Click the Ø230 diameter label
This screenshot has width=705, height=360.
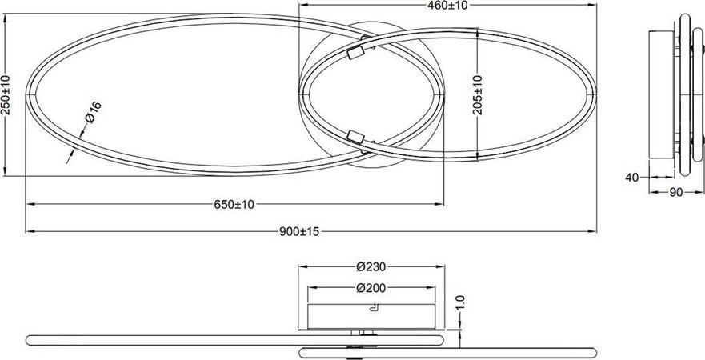click(371, 266)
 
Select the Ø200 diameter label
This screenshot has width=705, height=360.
click(371, 288)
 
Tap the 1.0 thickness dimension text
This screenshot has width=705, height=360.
click(459, 303)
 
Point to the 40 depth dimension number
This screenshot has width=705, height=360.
click(632, 178)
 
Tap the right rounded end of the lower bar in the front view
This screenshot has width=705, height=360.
click(593, 350)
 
